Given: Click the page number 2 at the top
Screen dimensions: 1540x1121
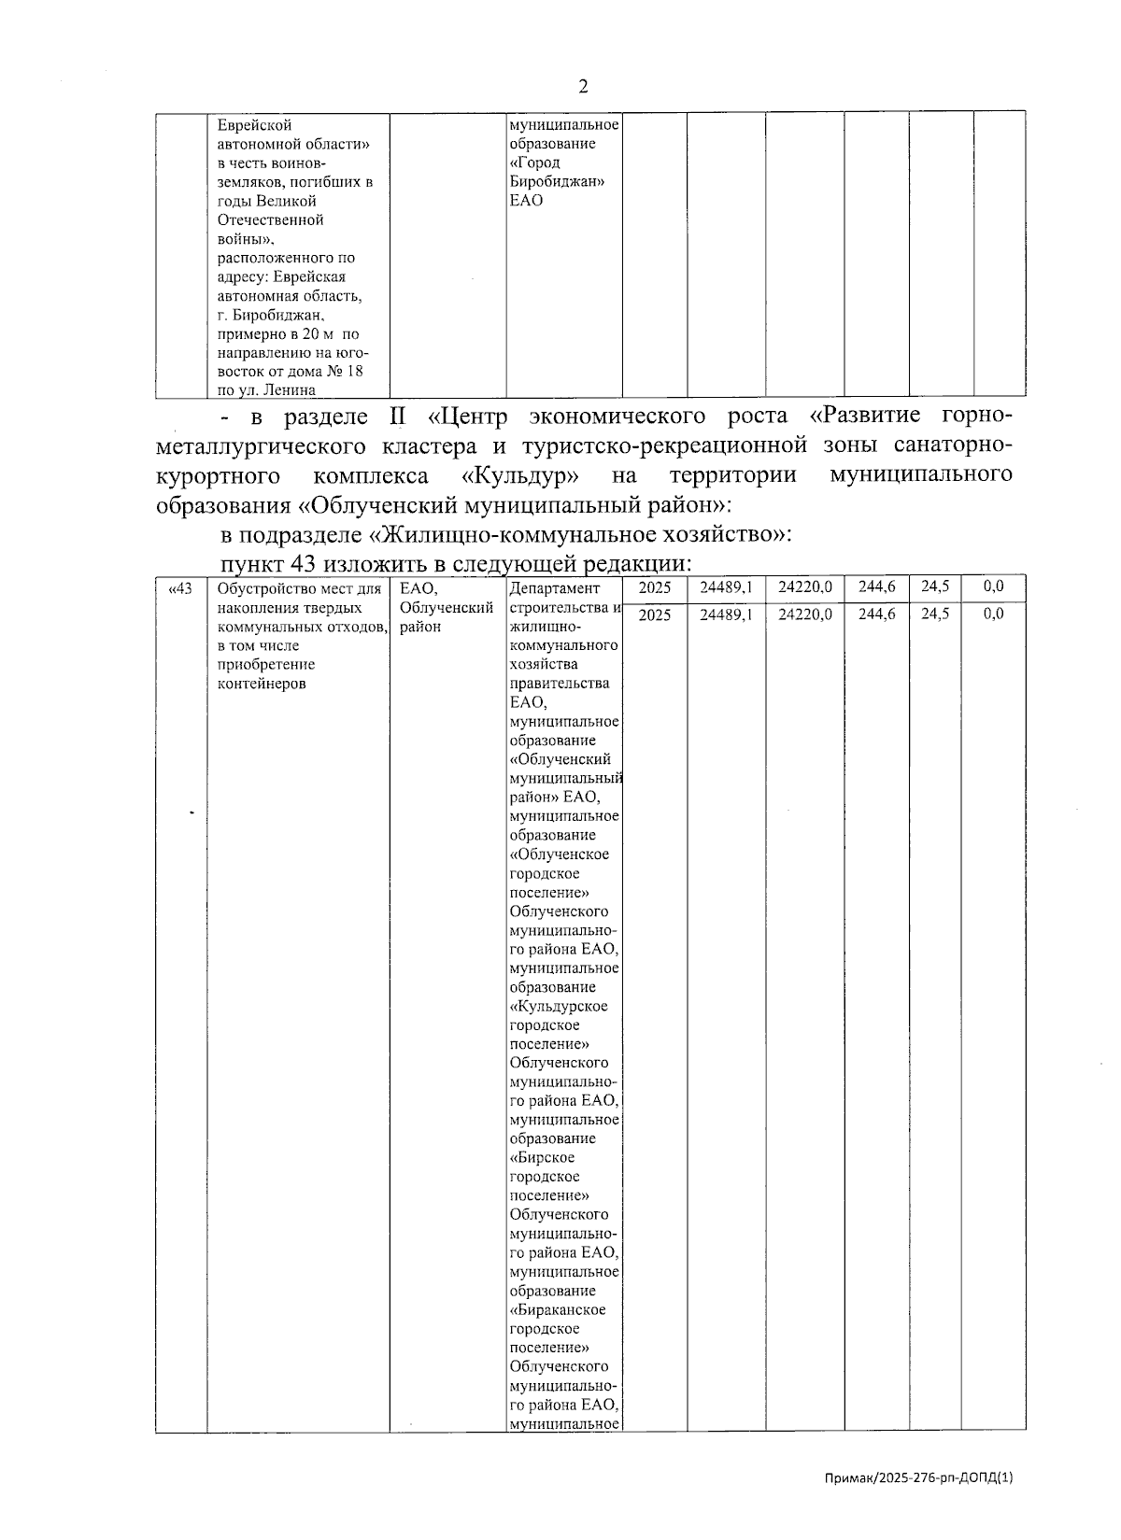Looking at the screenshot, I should [x=584, y=86].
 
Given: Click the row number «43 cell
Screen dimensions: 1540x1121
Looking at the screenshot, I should [x=180, y=587].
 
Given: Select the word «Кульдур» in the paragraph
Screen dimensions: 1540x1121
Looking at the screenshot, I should [x=520, y=475].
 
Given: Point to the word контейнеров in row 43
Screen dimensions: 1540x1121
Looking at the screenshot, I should [x=261, y=683].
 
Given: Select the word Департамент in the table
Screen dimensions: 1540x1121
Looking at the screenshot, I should [x=554, y=588].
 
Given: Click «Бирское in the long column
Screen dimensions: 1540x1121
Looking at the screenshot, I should [x=543, y=1158].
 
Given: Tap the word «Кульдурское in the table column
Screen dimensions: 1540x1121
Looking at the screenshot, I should [x=559, y=1006].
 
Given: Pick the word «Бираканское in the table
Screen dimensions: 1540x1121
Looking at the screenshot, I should [x=558, y=1309].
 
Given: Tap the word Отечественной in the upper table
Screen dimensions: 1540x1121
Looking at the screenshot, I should [x=270, y=219].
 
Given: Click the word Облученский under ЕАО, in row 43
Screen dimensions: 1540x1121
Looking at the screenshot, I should [x=446, y=608].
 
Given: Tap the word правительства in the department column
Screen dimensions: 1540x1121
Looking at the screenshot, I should [x=560, y=683].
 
